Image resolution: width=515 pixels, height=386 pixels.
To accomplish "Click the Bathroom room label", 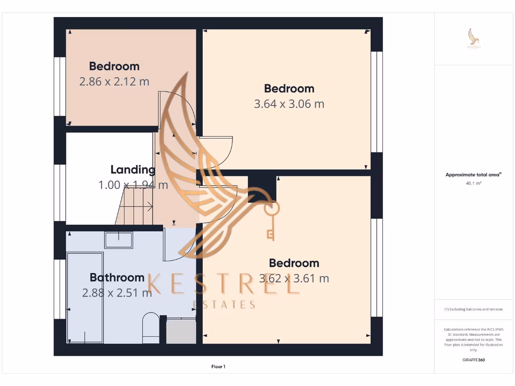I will click(x=117, y=277).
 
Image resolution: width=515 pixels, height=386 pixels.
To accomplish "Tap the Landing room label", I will click(x=133, y=169).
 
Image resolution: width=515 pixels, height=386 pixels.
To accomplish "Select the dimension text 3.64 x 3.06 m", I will click(x=289, y=104).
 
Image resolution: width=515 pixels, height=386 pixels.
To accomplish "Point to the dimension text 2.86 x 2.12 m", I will click(x=114, y=81).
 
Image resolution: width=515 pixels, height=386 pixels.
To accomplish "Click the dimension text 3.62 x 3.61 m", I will click(x=294, y=278).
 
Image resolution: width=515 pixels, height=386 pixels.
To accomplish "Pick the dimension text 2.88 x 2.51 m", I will click(x=117, y=293).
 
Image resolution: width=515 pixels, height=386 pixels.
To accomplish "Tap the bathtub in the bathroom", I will click(x=85, y=298).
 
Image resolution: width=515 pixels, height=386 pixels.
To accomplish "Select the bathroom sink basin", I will click(x=119, y=240).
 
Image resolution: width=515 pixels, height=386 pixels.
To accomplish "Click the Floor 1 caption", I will click(x=218, y=367).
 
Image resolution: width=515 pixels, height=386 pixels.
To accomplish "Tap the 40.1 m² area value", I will click(x=473, y=183).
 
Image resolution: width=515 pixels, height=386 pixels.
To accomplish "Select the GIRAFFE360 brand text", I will click(x=473, y=360).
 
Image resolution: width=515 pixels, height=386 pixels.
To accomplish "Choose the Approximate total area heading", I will click(x=473, y=175).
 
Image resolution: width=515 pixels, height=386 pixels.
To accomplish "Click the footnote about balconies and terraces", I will click(x=473, y=309).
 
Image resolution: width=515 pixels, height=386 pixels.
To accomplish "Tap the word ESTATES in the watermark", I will click(x=224, y=305).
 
